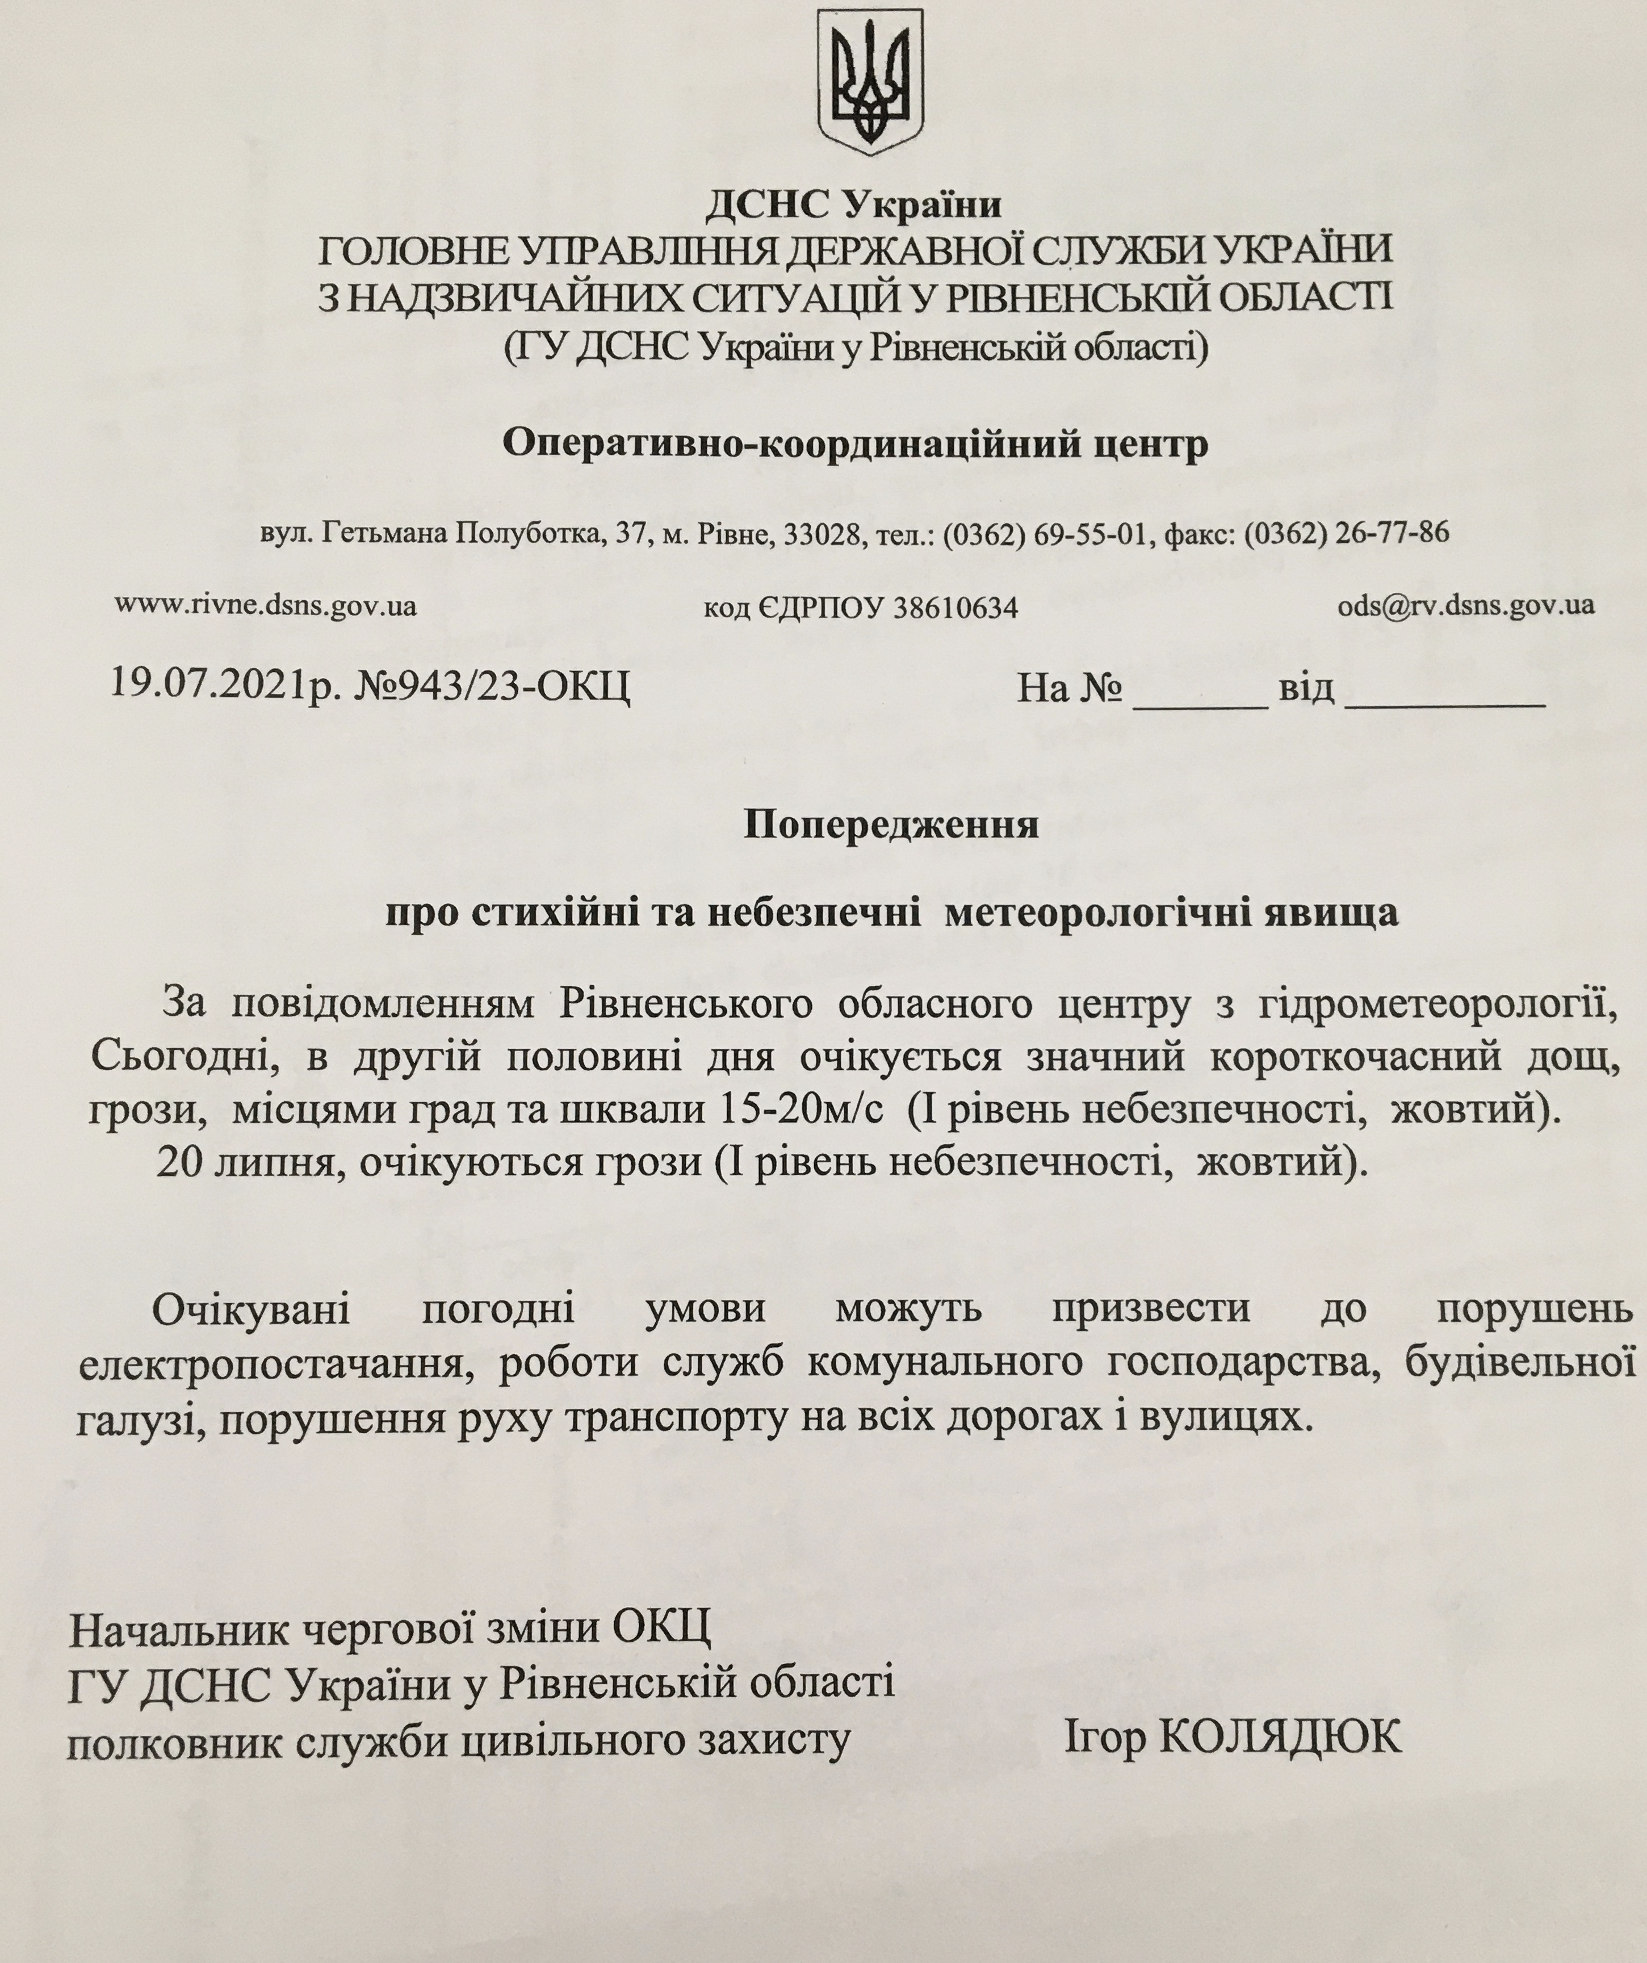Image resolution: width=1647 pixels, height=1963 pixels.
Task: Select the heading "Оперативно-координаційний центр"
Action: tap(855, 444)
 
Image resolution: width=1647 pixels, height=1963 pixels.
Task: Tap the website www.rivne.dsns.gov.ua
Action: tap(266, 606)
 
